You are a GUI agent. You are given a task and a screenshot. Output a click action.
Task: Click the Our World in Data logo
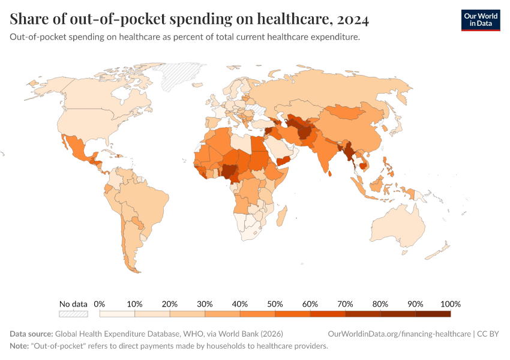tap(480, 20)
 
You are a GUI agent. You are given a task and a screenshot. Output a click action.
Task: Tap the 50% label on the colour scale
tap(275, 304)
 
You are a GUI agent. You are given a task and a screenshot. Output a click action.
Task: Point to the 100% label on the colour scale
tap(450, 304)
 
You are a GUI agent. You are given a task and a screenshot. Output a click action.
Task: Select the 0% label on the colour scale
tap(100, 304)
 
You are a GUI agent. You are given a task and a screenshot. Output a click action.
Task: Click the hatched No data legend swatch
tap(73, 313)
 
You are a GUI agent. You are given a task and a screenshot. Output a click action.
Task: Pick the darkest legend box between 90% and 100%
tap(433, 313)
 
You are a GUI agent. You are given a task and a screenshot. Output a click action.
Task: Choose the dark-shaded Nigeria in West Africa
tap(230, 170)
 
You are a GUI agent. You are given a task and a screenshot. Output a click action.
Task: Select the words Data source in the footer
tap(31, 334)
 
